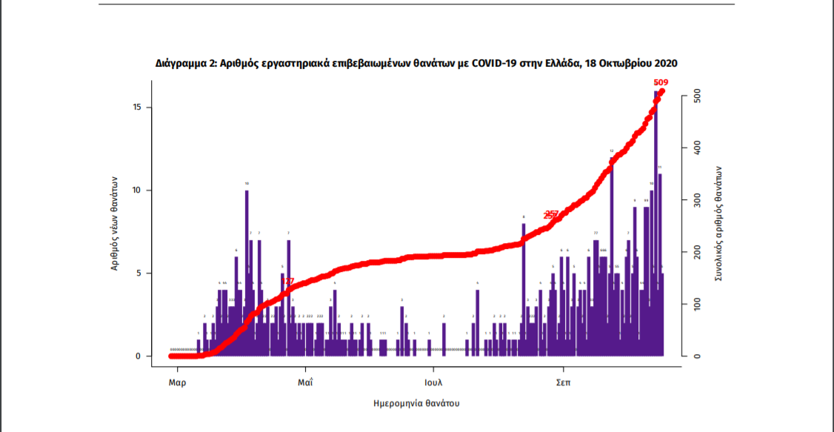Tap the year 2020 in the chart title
(x=665, y=64)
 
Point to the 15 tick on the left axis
(x=138, y=107)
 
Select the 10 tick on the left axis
(x=138, y=190)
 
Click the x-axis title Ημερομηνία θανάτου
(x=417, y=404)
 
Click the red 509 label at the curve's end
(x=662, y=82)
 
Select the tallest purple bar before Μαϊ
(x=247, y=274)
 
